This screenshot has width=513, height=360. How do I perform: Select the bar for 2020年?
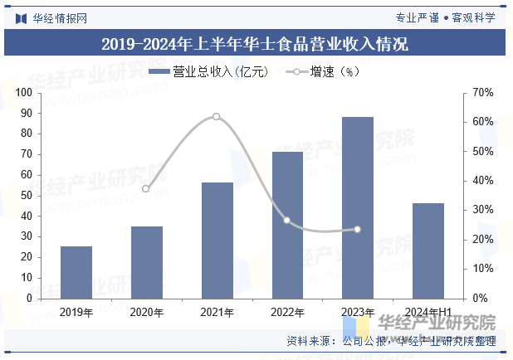tap(146, 262)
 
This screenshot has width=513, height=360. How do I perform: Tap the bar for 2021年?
tap(217, 241)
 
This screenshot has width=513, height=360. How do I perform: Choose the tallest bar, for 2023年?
tap(358, 207)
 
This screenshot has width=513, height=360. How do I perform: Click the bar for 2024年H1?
tap(428, 251)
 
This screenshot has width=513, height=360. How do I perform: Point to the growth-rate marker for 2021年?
tap(217, 116)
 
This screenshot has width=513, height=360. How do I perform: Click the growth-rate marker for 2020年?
tap(146, 189)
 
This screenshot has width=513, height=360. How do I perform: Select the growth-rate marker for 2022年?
tap(287, 221)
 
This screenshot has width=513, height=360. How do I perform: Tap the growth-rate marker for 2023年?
tap(358, 229)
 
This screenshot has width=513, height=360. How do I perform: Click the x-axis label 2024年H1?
tap(428, 312)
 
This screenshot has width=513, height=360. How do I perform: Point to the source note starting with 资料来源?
tap(390, 341)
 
